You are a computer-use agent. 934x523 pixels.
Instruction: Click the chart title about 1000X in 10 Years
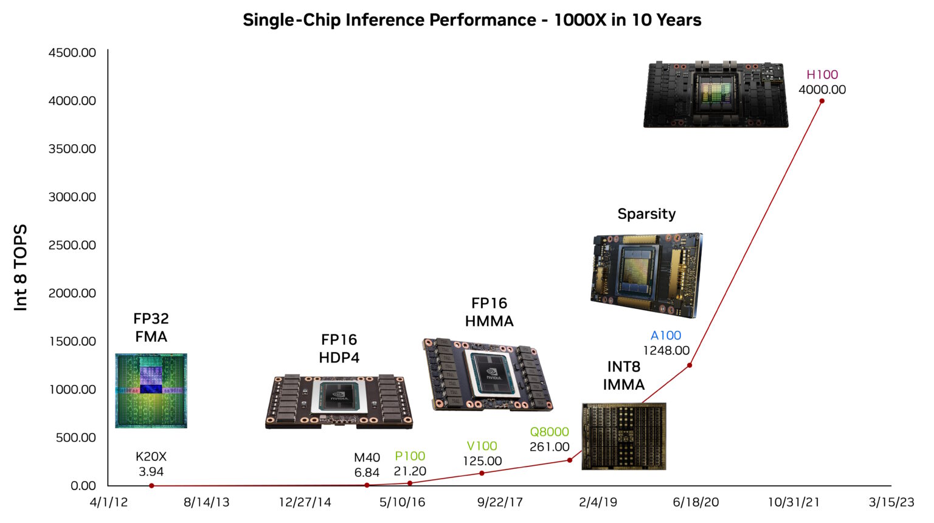[472, 20]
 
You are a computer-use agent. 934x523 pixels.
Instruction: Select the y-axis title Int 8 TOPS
[21, 268]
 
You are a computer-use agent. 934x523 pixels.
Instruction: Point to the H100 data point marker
[822, 101]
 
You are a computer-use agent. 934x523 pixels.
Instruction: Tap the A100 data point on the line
[690, 365]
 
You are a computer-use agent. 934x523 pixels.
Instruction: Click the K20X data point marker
[151, 485]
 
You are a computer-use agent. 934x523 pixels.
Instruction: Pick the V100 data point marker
[482, 473]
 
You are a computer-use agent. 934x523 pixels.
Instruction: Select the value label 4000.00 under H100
[822, 89]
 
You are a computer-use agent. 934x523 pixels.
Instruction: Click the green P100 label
[410, 456]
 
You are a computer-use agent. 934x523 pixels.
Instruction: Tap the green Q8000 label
[549, 432]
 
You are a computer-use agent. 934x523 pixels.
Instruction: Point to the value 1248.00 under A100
[666, 351]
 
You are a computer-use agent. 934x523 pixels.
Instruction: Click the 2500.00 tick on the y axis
[72, 245]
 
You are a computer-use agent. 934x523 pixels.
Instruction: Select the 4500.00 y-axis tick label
[72, 53]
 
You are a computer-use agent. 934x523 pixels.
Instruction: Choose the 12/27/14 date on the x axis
[305, 502]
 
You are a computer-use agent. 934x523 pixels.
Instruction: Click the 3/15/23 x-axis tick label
[891, 502]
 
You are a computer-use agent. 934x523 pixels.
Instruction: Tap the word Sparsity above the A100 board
[646, 214]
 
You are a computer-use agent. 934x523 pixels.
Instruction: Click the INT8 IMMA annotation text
[623, 376]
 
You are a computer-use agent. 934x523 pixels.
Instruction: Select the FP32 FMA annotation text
[151, 328]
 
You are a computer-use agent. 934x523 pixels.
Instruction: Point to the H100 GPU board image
[716, 94]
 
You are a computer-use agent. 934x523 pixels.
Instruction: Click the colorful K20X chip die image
[151, 390]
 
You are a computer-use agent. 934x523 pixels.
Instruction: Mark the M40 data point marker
[367, 485]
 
